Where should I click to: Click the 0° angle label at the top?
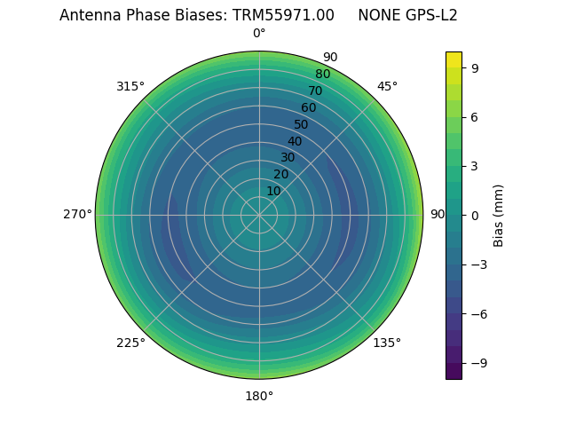coord(259,34)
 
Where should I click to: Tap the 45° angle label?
coord(387,86)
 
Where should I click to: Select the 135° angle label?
coord(387,343)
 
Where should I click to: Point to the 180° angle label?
coord(259,396)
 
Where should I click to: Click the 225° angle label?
coord(130,343)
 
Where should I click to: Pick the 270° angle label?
coord(77,215)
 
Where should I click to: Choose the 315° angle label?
coord(130,86)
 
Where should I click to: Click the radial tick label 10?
coord(273,191)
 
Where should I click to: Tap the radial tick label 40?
coord(295,141)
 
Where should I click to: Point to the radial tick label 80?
coord(323,75)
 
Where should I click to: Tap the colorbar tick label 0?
coord(474,215)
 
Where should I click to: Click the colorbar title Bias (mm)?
coord(499,215)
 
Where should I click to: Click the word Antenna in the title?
coord(87,15)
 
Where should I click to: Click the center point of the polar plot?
coord(259,215)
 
